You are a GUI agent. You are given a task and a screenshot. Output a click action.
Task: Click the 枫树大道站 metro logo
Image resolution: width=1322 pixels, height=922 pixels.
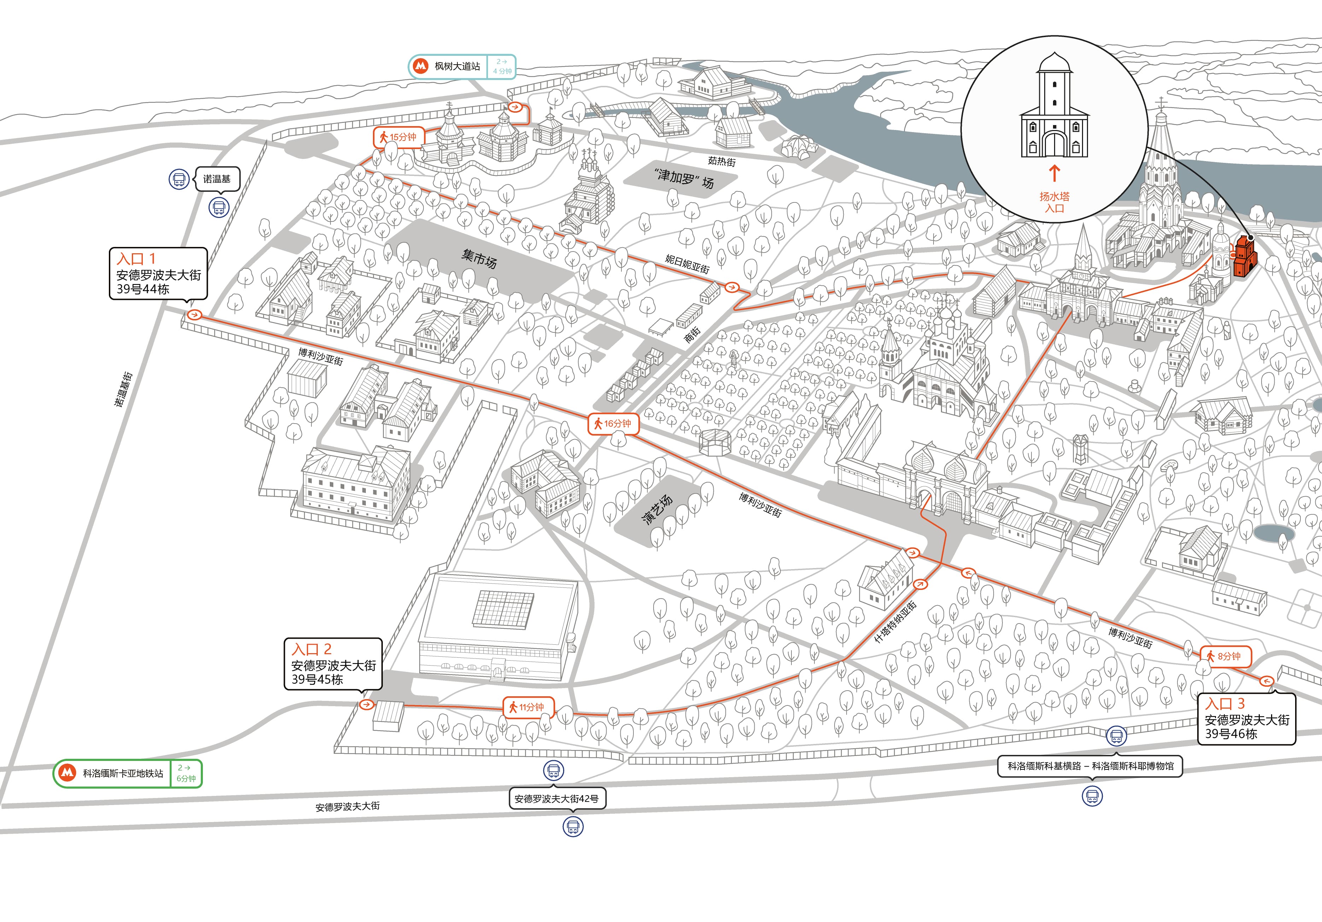click(421, 66)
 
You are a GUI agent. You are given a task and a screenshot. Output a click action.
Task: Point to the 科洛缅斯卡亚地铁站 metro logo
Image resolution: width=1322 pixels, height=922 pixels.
click(68, 773)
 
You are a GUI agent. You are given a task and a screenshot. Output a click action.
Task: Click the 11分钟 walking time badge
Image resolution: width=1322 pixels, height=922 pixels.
click(528, 707)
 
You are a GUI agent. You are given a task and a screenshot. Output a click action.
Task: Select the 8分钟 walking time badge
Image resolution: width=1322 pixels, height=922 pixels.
click(1225, 656)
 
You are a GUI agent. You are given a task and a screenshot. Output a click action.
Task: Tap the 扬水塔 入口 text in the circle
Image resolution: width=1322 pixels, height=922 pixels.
click(1054, 202)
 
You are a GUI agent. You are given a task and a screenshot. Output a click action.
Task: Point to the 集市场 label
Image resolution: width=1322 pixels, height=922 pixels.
click(479, 259)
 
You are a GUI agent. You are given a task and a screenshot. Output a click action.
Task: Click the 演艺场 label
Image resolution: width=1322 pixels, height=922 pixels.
click(657, 509)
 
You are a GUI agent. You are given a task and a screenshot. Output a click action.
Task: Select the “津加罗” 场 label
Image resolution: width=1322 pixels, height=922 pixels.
click(684, 178)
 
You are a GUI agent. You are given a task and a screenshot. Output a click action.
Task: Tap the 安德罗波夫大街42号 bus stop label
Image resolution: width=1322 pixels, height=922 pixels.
click(557, 799)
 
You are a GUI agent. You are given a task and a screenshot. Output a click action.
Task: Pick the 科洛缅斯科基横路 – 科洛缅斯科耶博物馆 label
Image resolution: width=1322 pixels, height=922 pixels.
click(1090, 766)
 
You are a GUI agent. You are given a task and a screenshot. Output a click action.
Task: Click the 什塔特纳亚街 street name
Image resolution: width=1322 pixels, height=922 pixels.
click(895, 622)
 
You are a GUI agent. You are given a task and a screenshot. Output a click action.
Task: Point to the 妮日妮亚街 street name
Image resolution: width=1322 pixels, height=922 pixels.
click(688, 264)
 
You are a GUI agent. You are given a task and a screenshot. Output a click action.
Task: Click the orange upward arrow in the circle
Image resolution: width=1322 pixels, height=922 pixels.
click(1054, 173)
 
